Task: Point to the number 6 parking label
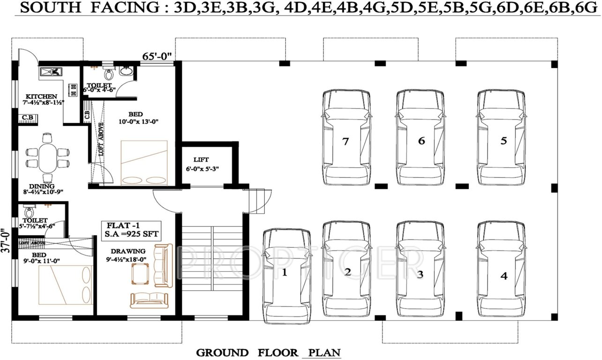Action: [421, 141]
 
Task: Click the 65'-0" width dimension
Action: [157, 56]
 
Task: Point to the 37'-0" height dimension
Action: [6, 240]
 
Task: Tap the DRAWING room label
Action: [132, 251]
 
